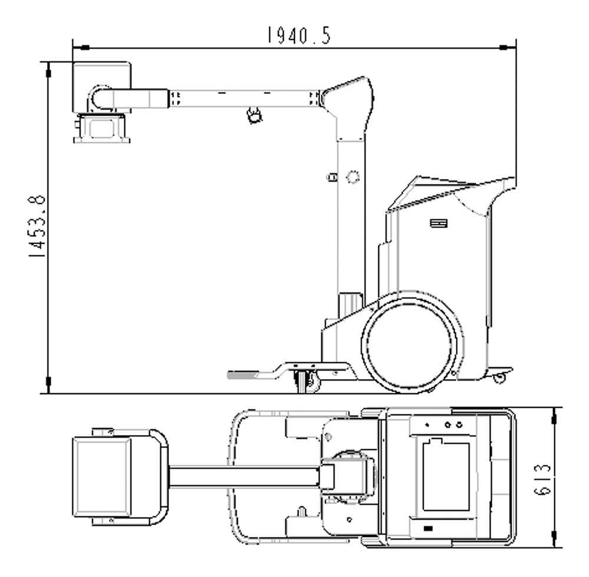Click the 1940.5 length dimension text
click(299, 35)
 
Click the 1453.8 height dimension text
click(38, 226)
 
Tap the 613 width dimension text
click(542, 480)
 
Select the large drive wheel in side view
click(409, 345)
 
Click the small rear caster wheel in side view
click(499, 377)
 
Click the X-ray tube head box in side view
click(102, 87)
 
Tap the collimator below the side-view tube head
click(101, 128)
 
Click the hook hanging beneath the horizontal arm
click(254, 115)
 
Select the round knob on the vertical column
click(352, 177)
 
